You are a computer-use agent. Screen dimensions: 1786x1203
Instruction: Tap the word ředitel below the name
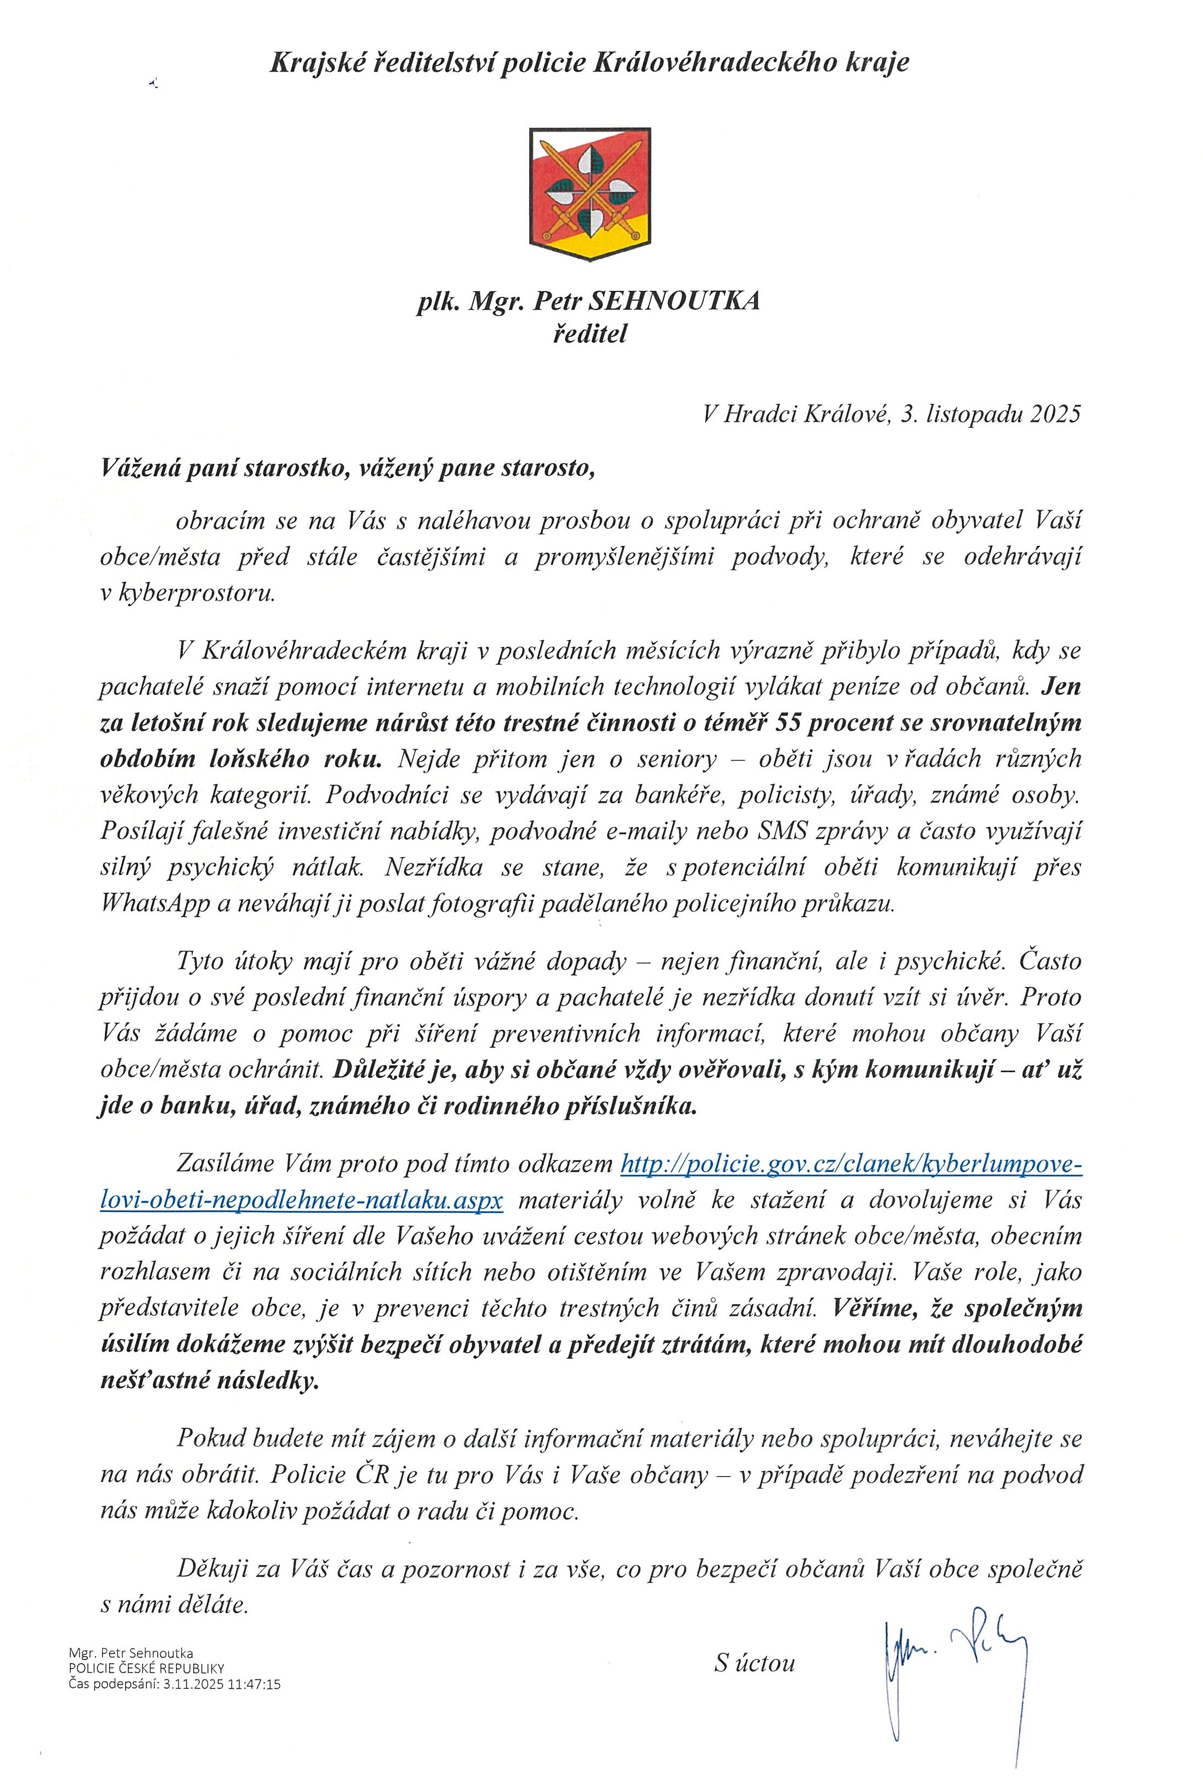[x=589, y=334]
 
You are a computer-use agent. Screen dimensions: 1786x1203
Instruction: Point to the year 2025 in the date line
[x=1056, y=414]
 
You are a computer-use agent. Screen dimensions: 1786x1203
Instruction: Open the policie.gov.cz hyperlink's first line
[x=851, y=1164]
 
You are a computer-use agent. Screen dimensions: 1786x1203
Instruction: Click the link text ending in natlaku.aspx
[x=302, y=1200]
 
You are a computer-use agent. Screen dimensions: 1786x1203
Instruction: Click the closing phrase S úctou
[x=754, y=1663]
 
